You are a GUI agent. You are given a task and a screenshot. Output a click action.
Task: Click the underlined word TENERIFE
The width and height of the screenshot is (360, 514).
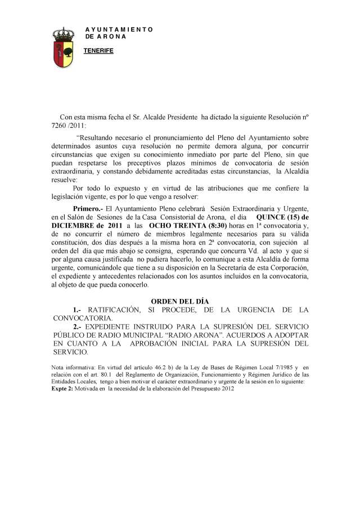pos(98,51)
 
